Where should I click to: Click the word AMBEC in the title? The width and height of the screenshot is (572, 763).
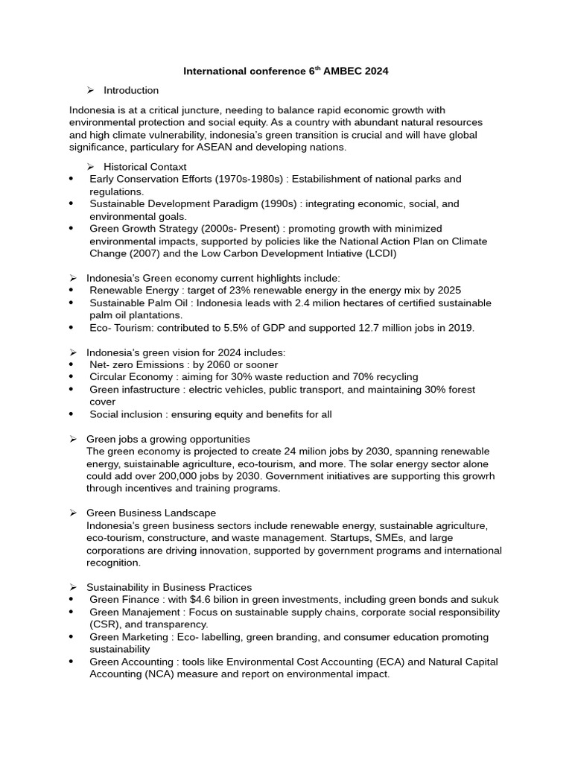pyautogui.click(x=343, y=72)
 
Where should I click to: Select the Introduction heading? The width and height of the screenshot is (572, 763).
pyautogui.click(x=131, y=90)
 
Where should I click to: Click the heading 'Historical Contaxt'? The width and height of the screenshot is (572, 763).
pyautogui.click(x=145, y=167)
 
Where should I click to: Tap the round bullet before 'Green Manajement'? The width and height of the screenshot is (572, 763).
pyautogui.click(x=71, y=612)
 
